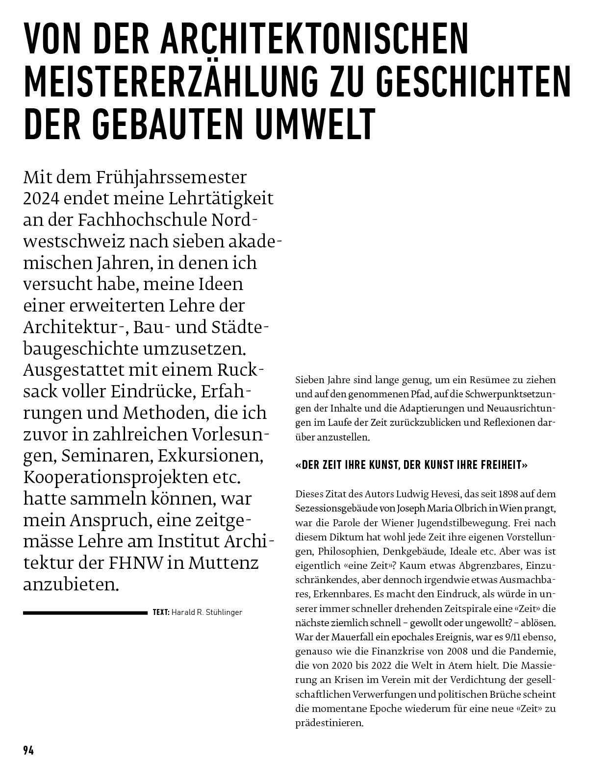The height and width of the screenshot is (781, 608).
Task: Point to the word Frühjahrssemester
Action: click(171, 177)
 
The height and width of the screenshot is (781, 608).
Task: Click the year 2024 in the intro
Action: click(41, 198)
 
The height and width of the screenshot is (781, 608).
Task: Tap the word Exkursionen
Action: click(210, 455)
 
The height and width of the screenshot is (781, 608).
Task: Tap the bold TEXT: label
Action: click(161, 612)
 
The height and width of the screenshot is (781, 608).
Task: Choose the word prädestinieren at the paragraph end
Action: click(329, 723)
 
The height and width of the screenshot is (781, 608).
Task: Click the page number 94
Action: click(28, 750)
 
